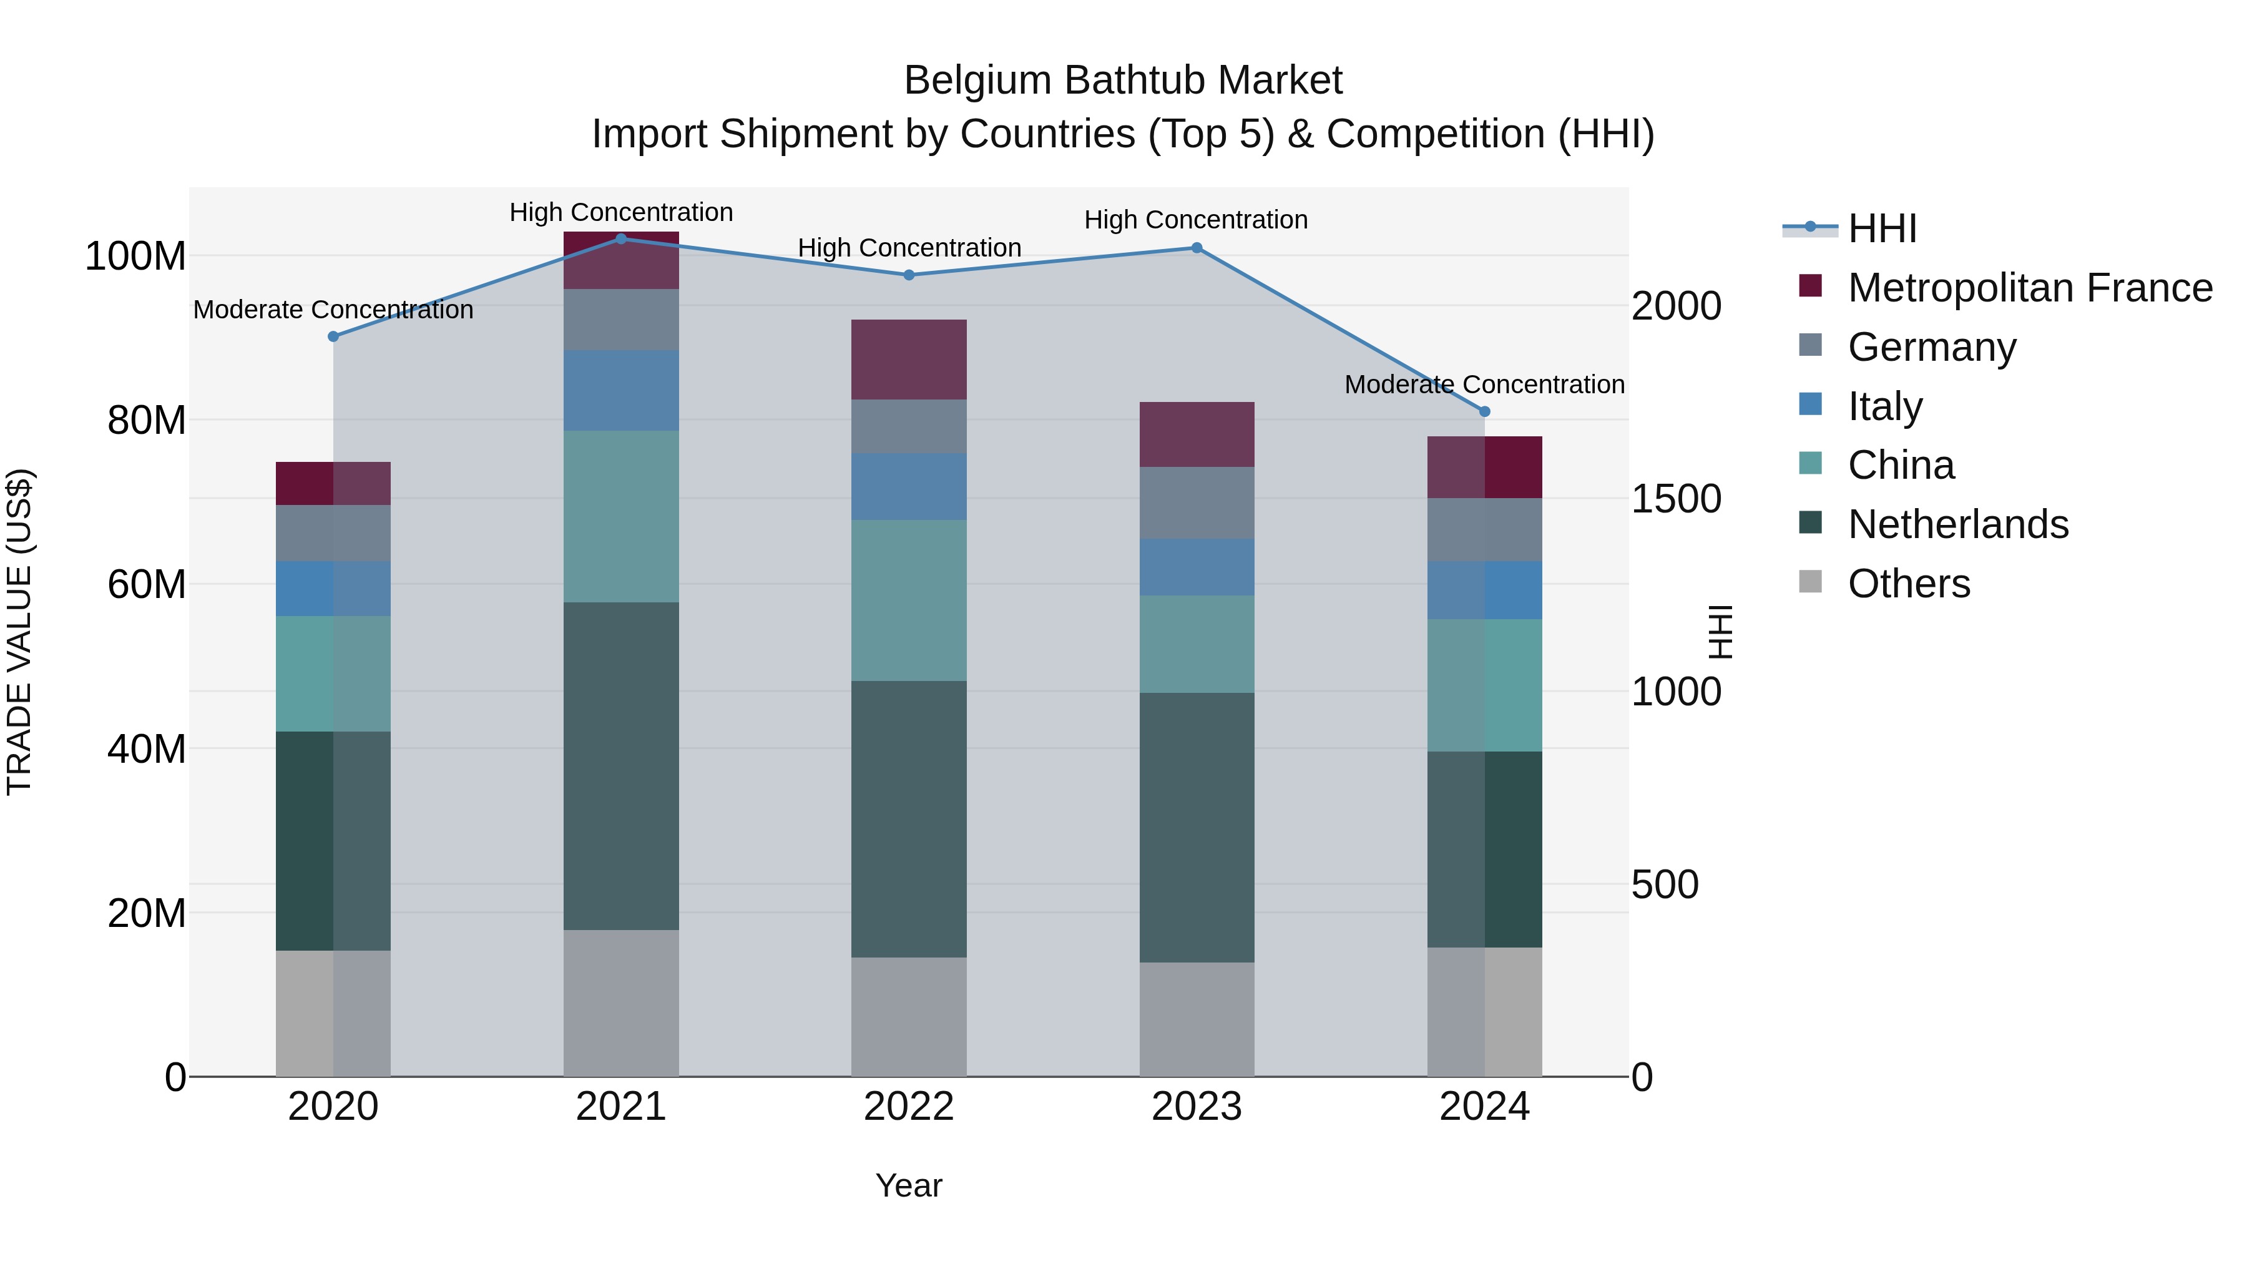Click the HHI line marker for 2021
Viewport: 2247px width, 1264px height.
point(621,238)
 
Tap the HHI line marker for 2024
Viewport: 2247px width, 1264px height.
point(1485,411)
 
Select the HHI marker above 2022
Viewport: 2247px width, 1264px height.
point(909,275)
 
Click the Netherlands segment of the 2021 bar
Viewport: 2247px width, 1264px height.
point(621,765)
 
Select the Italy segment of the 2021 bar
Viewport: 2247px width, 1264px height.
point(621,390)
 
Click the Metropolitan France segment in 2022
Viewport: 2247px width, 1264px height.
point(909,360)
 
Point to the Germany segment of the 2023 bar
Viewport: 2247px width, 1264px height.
point(1197,502)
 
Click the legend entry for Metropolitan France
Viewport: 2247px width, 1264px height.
point(2029,288)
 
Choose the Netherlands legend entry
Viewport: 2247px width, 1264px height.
point(1957,524)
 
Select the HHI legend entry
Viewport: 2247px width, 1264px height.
point(1881,228)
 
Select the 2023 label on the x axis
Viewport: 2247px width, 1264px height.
point(1197,1107)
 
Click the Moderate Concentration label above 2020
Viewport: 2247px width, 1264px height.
point(333,310)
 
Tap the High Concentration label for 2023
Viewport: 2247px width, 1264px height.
point(1196,220)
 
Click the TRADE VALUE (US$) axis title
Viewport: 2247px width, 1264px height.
point(19,632)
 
